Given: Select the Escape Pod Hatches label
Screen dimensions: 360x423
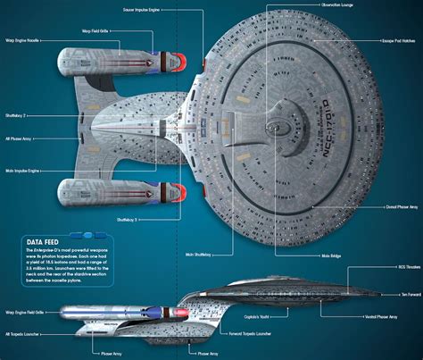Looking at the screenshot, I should [396, 41].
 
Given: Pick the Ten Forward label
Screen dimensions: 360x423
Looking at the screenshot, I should [410, 293].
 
